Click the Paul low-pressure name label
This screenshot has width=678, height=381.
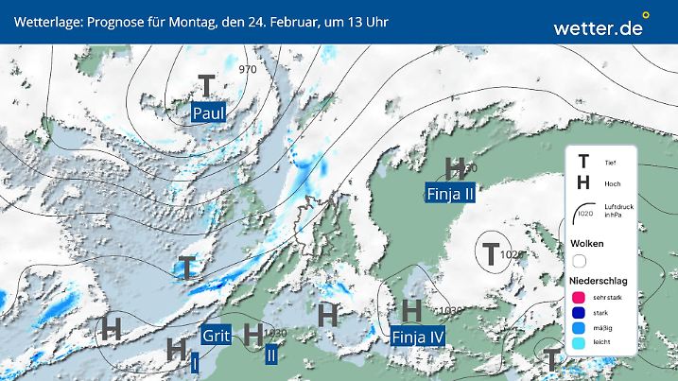coord(209,113)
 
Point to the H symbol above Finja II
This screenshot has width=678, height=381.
coord(455,168)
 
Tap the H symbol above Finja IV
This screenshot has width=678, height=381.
coord(410,310)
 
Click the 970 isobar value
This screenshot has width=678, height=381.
coord(249,70)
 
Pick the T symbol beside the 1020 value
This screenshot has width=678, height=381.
coord(491,253)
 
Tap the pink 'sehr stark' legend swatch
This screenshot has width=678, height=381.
coord(579,298)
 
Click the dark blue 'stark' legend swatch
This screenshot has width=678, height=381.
coord(579,314)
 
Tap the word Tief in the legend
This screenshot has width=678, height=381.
coord(610,164)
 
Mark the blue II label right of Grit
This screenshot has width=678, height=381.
coord(271,355)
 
